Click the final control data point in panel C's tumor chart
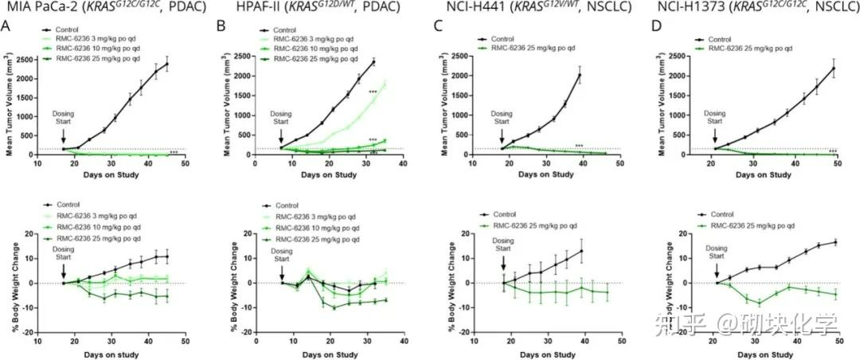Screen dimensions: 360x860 tap(580, 76)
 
